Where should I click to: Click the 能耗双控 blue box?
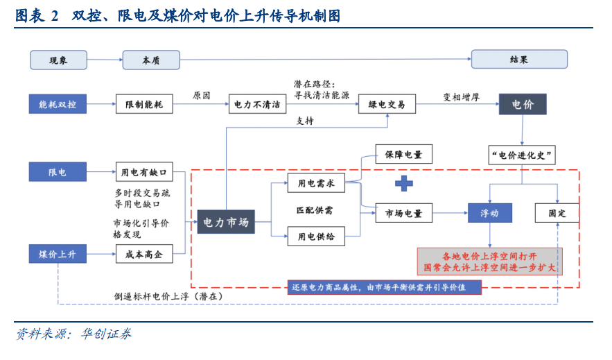[x=58, y=105]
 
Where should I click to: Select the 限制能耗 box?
[x=143, y=105]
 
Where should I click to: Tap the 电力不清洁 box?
[x=257, y=105]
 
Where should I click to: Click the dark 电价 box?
[x=523, y=105]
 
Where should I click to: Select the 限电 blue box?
[x=58, y=171]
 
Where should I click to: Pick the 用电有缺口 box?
[x=143, y=171]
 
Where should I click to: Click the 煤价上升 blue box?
[x=58, y=255]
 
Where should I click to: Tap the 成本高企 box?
[x=143, y=255]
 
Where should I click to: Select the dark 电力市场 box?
[x=226, y=222]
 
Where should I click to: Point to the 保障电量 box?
[x=403, y=155]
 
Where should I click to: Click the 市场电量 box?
[x=403, y=213]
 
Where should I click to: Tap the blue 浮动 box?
[x=489, y=213]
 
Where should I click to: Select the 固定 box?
[x=557, y=213]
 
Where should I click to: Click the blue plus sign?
[x=403, y=183]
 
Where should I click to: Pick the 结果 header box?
[x=518, y=60]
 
